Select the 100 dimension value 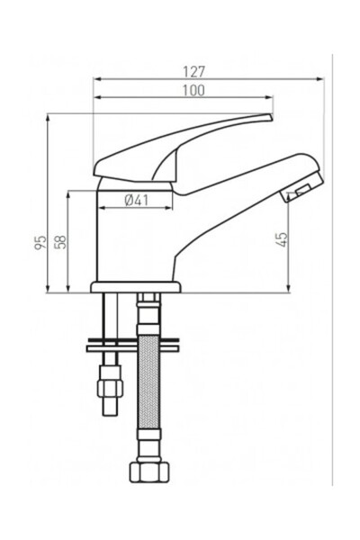193,90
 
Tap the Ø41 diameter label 135,200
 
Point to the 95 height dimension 40,243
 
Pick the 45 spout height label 281,239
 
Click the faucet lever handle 180,144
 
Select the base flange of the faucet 136,287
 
